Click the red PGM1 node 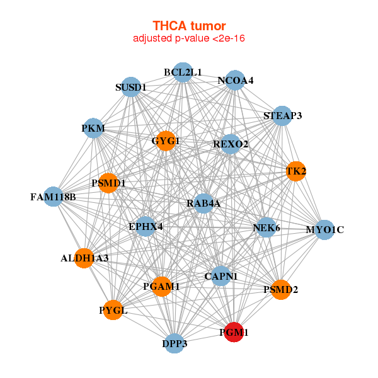tap(234, 332)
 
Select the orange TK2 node tap(295, 171)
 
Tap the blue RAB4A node tap(203, 203)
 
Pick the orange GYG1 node tap(166, 140)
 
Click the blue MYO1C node tap(324, 229)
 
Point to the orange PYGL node tap(113, 310)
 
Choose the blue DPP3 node tap(175, 343)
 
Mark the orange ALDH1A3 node tap(84, 258)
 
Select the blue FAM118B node tap(53, 197)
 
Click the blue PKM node tap(93, 129)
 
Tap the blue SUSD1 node tap(131, 87)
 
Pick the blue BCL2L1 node tap(183, 72)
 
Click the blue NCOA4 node tap(236, 81)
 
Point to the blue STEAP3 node tap(282, 116)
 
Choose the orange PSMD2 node tap(281, 290)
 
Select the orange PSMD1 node tap(108, 183)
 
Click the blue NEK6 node tap(266, 227)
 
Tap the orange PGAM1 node tap(162, 287)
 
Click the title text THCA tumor tap(189, 26)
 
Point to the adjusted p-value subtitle tap(189, 38)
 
